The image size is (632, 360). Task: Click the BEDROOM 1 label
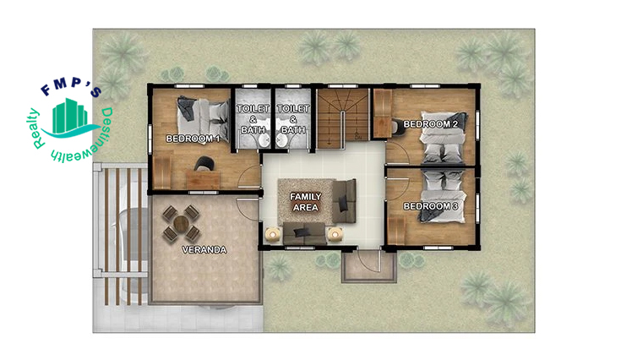pos(193,139)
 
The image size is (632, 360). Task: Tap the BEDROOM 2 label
pos(430,124)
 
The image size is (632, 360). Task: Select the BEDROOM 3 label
pos(430,206)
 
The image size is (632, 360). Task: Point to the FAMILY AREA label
pos(306,202)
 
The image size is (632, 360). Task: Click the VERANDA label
pos(204,250)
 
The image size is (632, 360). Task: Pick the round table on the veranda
pos(182,223)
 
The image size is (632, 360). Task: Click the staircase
pos(343,118)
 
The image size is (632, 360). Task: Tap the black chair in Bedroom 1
pos(204,163)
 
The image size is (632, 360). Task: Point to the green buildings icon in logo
pos(70,116)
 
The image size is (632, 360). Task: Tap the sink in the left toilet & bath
pos(264,140)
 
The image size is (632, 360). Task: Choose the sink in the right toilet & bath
pos(281,140)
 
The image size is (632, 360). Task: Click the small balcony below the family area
pos(368,266)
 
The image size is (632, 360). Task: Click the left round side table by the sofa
pos(273,234)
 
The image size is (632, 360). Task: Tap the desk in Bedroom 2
pos(382,114)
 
